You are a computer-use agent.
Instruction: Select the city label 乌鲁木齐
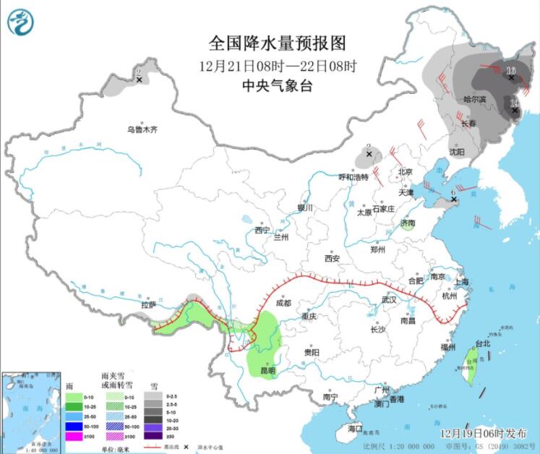point(142,130)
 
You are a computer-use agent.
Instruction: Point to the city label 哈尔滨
point(474,98)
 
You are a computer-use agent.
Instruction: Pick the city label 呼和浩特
point(354,177)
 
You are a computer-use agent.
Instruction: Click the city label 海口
point(354,429)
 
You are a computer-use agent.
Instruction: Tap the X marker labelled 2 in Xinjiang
point(140,79)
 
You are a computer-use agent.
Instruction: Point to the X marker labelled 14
point(515,110)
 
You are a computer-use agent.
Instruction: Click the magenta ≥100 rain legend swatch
point(74,437)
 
